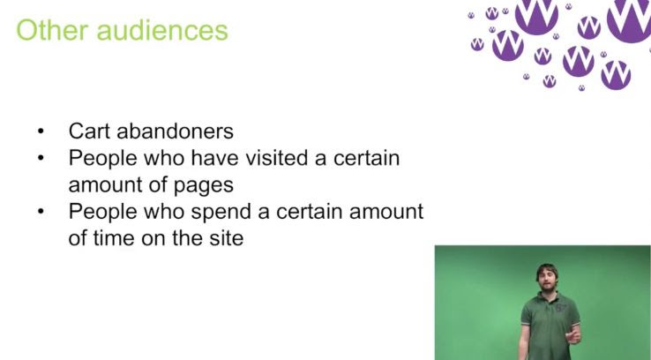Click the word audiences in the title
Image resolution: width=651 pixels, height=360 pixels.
[x=162, y=30]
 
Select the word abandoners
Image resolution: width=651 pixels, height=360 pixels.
[x=176, y=131]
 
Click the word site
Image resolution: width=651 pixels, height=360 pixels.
[x=227, y=238]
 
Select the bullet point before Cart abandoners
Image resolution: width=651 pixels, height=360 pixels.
[x=41, y=131]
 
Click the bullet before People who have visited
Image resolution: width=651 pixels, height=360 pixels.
[x=41, y=158]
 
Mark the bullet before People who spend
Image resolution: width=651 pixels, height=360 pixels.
[x=41, y=212]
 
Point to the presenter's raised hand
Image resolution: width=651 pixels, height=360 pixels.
[x=573, y=334]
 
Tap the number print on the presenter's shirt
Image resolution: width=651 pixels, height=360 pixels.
[x=561, y=308]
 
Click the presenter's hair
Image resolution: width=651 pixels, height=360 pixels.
[x=547, y=270]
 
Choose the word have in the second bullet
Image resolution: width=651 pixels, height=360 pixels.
[x=214, y=158]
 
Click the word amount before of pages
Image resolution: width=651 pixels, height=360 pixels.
[x=105, y=184]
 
